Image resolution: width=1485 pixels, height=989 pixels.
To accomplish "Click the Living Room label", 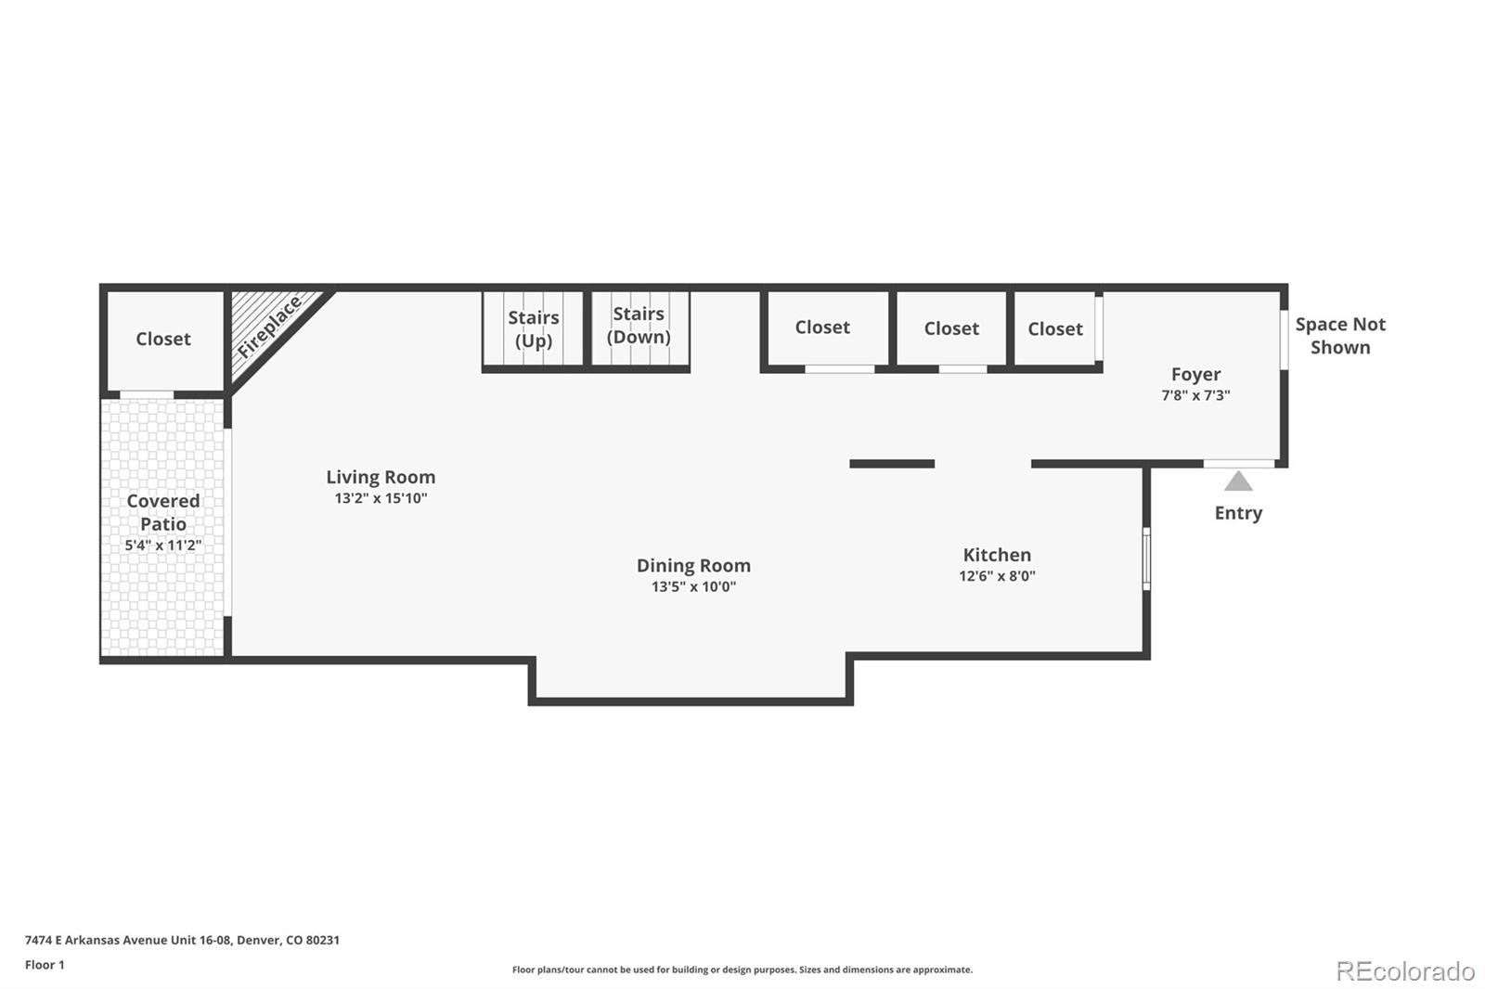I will tap(381, 477).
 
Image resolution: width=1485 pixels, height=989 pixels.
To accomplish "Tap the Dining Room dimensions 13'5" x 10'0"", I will tap(693, 586).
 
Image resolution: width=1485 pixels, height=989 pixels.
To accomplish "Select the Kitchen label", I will tap(997, 555).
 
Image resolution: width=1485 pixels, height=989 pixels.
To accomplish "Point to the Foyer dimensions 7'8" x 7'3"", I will tap(1195, 395).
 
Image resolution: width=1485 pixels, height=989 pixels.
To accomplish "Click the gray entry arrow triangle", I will tap(1238, 482).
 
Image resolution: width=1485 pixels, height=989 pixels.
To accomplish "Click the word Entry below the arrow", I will tap(1238, 513).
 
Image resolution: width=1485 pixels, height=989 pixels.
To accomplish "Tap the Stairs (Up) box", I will tap(533, 329).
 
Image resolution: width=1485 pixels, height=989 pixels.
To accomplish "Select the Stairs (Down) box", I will tap(639, 326).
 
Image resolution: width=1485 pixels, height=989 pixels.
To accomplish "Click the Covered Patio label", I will tap(163, 512).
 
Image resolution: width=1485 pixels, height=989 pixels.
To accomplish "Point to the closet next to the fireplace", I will tap(163, 340).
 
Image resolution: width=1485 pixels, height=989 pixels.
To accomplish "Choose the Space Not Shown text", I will tap(1339, 336).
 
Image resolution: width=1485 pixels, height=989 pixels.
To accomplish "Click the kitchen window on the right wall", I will tap(1146, 559).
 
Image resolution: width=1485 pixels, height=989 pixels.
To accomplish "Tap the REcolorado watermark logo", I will tap(1405, 970).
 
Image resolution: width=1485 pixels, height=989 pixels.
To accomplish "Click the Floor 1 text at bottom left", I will tap(45, 965).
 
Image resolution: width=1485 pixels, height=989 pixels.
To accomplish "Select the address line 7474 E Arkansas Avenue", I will tap(182, 940).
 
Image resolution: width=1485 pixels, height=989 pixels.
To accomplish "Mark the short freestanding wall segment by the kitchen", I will tap(892, 464).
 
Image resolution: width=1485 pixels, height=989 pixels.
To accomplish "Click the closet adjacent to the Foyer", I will tap(1055, 329).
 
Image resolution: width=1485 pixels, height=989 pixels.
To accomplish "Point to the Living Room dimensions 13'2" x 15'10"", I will tap(381, 498).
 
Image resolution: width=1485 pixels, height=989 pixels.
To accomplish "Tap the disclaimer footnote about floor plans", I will tap(742, 970).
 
